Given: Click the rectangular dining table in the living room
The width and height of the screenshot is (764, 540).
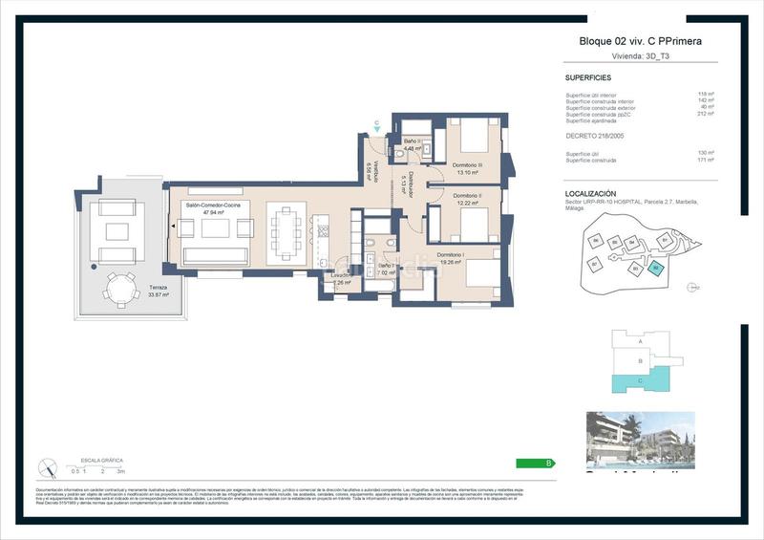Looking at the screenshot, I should click(286, 231).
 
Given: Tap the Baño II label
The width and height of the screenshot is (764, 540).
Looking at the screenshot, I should click(413, 143).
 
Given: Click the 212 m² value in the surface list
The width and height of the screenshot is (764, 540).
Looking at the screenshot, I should click(707, 114).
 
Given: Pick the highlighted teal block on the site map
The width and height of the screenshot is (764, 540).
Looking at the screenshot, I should click(655, 269).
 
